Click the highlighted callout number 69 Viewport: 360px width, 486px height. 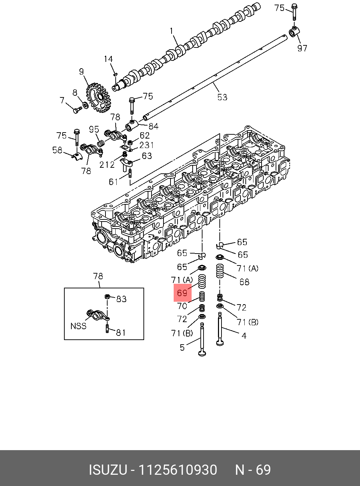[182, 293]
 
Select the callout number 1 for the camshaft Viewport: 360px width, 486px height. [172, 31]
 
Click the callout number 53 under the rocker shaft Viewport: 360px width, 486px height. [222, 97]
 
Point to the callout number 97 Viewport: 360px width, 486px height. [302, 48]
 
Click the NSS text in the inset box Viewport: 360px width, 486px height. [78, 326]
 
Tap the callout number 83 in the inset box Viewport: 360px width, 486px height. [121, 299]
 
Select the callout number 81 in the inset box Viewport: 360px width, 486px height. [121, 332]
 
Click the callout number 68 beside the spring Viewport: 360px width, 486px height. [244, 282]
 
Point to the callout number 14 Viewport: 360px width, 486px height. [108, 59]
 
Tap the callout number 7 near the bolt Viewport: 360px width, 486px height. [63, 101]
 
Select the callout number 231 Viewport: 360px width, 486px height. [146, 145]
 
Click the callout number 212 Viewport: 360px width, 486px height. [107, 164]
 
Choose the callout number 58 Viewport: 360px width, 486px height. [57, 150]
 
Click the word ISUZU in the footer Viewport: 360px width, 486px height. [108, 470]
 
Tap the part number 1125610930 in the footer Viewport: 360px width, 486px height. [178, 470]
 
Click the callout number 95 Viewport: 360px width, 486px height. [94, 129]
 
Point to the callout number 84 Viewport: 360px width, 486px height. [153, 126]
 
